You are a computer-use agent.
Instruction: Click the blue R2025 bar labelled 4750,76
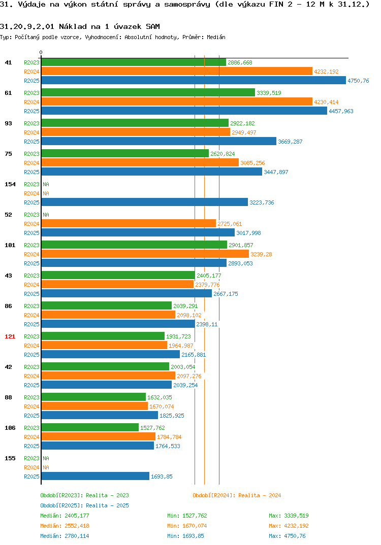[194, 80]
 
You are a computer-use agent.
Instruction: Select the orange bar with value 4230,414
[177, 101]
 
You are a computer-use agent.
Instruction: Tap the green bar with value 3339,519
[148, 92]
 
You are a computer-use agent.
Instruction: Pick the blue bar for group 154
[145, 202]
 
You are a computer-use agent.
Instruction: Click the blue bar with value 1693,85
[96, 476]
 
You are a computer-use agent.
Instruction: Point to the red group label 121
[10, 336]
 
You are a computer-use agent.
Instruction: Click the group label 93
[8, 123]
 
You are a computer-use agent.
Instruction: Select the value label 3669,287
[290, 142]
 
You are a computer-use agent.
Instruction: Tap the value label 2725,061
[230, 224]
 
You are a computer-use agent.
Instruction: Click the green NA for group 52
[46, 215]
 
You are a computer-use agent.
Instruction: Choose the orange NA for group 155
[46, 467]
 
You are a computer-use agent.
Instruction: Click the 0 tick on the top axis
[41, 52]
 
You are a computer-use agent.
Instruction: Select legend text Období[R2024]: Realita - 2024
[237, 495]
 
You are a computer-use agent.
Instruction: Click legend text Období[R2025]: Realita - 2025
[84, 505]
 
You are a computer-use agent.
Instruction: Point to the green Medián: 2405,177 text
[65, 516]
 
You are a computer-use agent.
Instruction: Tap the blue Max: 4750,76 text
[287, 536]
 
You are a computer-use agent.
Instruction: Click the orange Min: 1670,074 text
[187, 526]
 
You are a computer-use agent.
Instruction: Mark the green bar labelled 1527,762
[90, 427]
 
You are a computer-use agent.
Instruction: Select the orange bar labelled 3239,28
[145, 254]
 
